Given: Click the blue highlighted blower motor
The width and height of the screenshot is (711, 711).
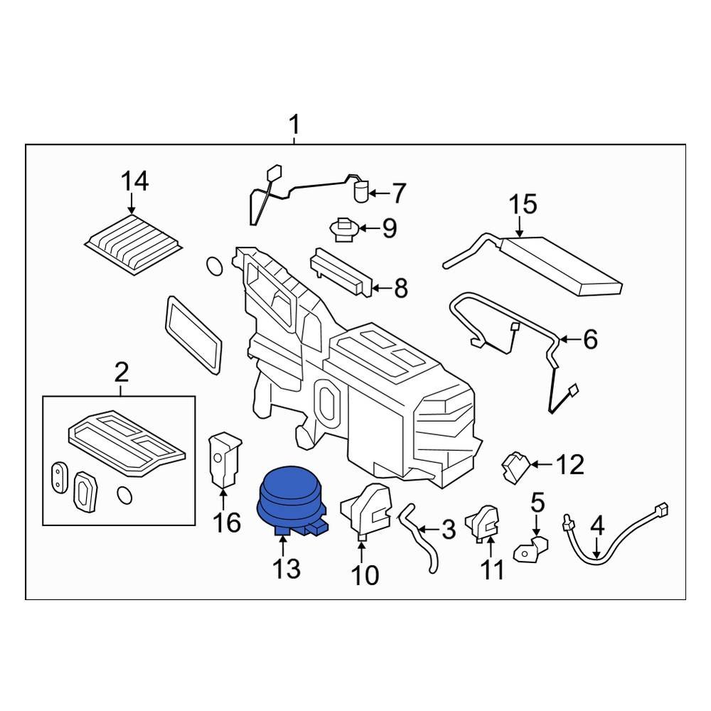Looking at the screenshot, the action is click(292, 501).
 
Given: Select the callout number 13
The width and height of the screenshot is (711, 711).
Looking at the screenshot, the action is click(286, 568).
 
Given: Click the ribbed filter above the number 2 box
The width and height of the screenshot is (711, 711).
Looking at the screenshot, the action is click(134, 244).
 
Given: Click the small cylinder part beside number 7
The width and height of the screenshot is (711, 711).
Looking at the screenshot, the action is click(361, 192).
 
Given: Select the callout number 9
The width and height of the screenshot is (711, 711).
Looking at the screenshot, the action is click(390, 228).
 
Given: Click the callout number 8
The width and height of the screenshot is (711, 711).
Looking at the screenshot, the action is click(401, 288).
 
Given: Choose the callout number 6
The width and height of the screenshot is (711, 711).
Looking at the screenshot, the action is click(590, 339).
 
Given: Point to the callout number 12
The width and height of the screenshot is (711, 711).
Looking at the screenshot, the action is click(570, 464).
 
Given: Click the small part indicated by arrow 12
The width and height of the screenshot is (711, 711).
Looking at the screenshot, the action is click(515, 467).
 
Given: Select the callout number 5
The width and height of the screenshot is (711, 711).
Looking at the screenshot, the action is click(538, 503).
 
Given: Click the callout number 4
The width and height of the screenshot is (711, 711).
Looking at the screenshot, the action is click(598, 526).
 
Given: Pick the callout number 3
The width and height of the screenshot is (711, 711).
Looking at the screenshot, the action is click(448, 529).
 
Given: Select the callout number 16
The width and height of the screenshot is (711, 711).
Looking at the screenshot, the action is click(227, 523).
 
